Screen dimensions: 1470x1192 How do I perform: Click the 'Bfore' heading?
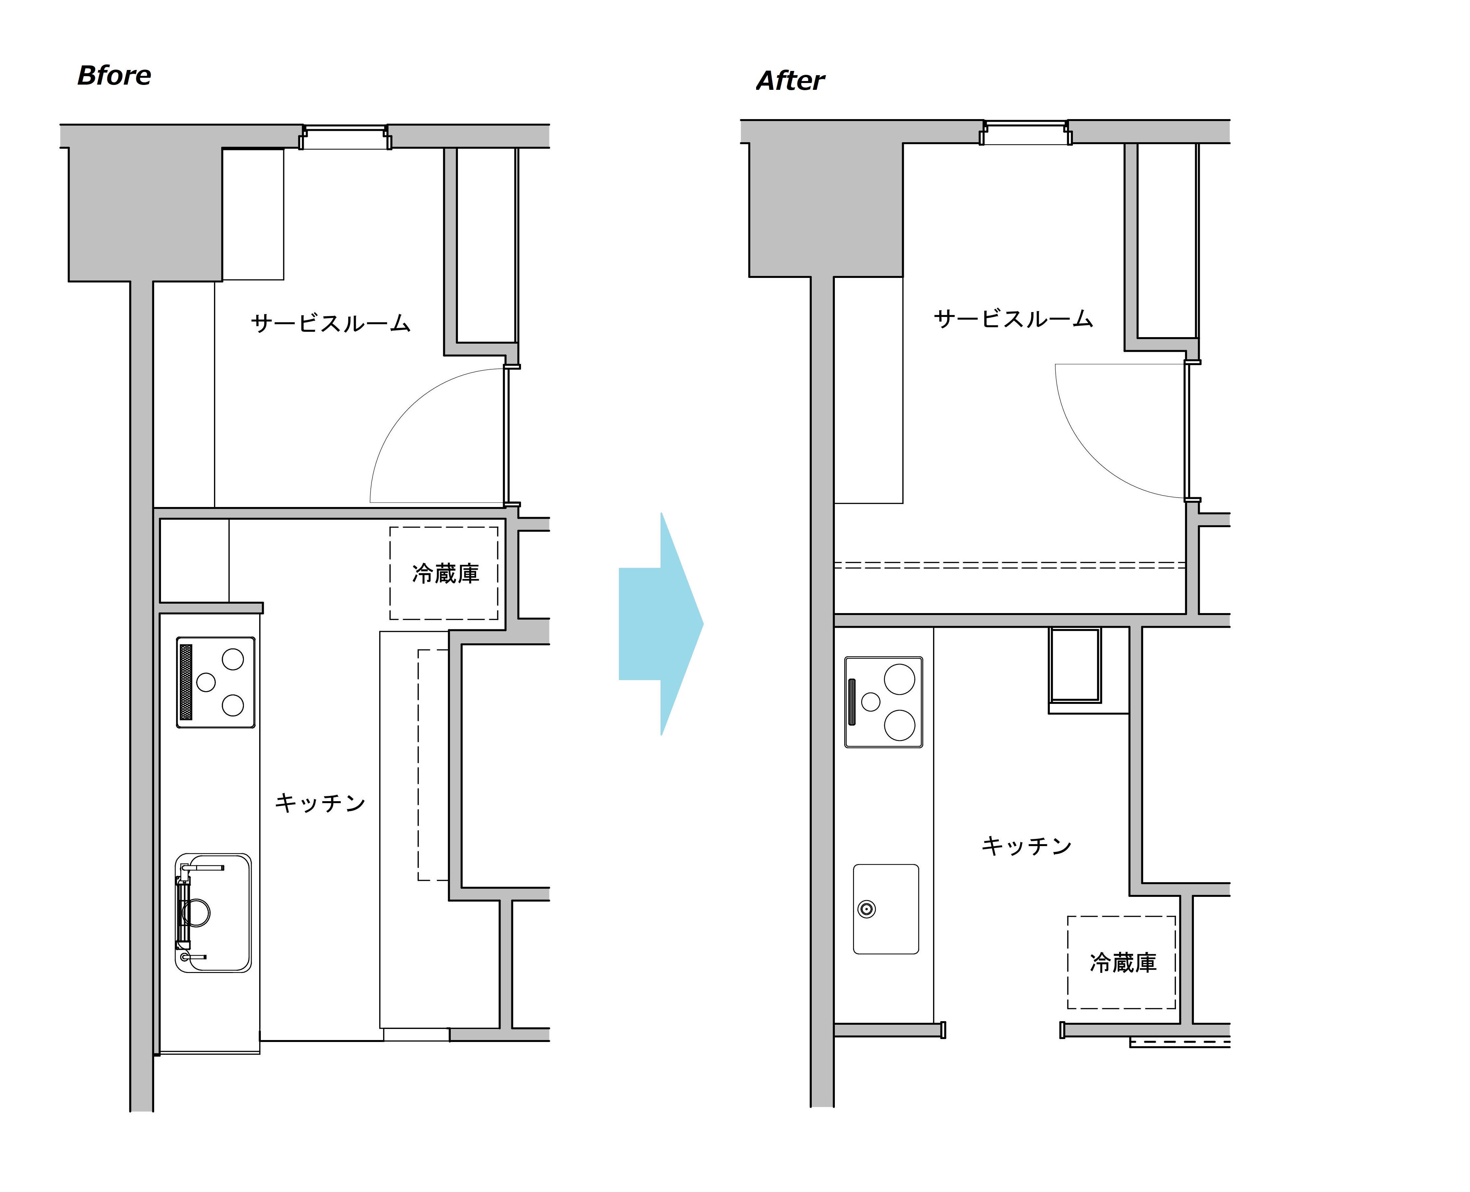click(114, 75)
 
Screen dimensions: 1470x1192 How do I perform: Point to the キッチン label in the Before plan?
click(320, 803)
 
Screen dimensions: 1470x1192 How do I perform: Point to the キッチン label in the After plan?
click(1027, 845)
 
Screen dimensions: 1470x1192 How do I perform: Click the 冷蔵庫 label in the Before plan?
click(446, 573)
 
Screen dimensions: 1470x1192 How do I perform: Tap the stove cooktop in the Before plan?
click(216, 682)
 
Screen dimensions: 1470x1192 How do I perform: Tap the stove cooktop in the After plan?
click(883, 702)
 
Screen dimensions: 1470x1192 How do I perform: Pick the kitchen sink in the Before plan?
click(213, 912)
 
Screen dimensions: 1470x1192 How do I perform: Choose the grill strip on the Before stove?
click(185, 682)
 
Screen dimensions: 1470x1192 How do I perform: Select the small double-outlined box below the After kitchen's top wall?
click(1075, 665)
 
